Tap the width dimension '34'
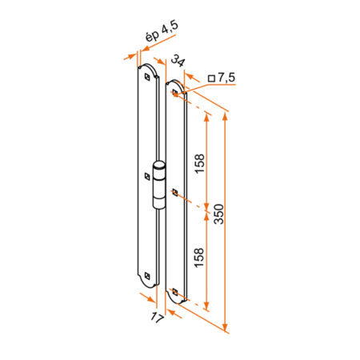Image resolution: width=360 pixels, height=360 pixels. pos(178,61)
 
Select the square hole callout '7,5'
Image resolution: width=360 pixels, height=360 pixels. pos(226,78)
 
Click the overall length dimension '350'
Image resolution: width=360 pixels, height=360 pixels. pos(219,214)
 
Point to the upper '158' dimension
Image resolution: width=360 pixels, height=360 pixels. pos(200,164)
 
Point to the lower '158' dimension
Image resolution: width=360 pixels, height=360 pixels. pos(199,258)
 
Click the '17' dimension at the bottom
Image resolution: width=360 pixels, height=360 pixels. pos(157,318)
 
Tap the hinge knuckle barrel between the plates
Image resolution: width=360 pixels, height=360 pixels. pos(159,185)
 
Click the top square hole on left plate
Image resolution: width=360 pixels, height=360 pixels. pos(147,77)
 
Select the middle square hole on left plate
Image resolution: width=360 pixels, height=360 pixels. pos(147,176)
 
